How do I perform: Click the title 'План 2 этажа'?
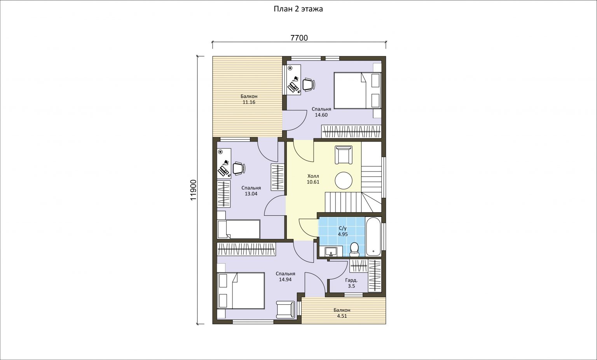point(298,9)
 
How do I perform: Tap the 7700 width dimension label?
point(299,38)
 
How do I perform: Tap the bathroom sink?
point(331,252)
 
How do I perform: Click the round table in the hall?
point(344,180)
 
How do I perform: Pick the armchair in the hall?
point(344,155)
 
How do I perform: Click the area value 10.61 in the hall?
point(313,182)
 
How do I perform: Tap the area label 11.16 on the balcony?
point(249,102)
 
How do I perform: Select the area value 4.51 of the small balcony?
point(342,316)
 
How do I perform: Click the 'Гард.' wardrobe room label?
point(351,280)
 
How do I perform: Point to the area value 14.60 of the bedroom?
point(321,115)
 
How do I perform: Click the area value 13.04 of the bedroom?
point(251,194)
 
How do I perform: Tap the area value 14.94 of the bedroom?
point(285,280)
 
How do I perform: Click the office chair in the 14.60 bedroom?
point(309,84)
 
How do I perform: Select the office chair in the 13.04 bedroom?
point(239,169)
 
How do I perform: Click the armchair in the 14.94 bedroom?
point(286,309)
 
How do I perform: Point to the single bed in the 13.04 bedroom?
point(239,229)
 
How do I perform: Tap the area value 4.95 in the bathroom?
point(343,234)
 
